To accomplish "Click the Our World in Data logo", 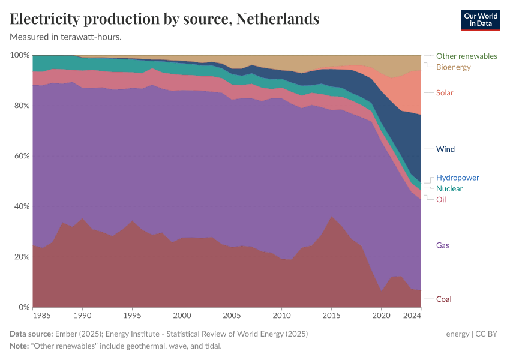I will pos(480,20).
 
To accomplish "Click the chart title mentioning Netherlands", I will pos(164,19).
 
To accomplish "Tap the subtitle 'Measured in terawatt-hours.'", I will pos(66,37).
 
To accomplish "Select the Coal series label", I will pos(443,299).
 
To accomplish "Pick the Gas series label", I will pos(442,245).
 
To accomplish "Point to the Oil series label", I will pos(441,199).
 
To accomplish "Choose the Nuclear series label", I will pos(449,188).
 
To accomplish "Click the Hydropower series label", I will pos(457,178).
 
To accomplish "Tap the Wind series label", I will pos(445,149).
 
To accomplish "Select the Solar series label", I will pos(445,92).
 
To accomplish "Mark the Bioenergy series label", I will pos(453,67).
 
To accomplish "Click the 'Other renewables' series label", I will pos(466,56).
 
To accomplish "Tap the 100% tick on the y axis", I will pos(19,55).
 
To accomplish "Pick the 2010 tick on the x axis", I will pos(281,315).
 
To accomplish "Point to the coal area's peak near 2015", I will pos(331,217).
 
